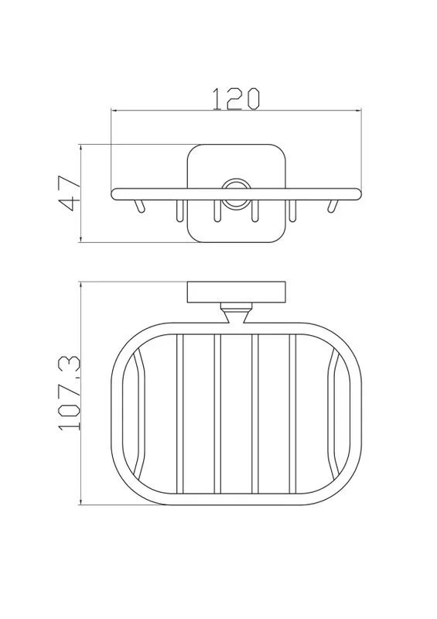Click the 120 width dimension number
coord(236,98)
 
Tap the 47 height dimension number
coord(69,193)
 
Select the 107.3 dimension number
coord(69,393)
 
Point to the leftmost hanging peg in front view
coord(140,206)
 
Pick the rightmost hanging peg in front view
coord(333,206)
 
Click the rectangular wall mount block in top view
coord(236,292)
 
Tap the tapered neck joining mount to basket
coord(236,314)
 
